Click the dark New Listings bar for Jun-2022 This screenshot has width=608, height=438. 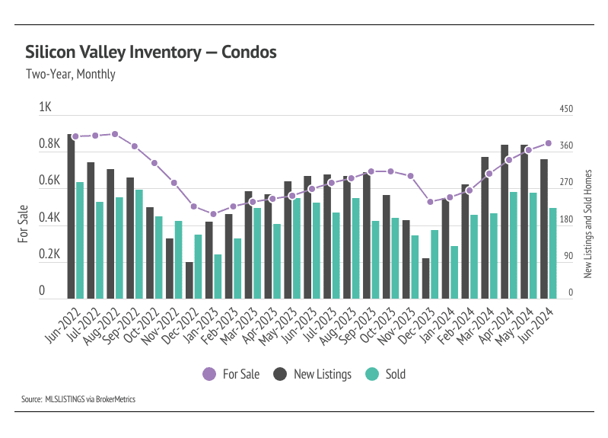click(71, 217)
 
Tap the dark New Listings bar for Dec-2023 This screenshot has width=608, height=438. click(425, 279)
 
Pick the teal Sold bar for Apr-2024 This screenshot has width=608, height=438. click(514, 245)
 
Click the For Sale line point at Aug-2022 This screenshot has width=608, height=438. click(115, 134)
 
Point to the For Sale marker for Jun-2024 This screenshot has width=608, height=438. click(548, 143)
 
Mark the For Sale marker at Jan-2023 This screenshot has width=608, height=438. click(213, 214)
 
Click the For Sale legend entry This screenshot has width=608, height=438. click(231, 374)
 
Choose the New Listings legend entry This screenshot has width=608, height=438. click(313, 374)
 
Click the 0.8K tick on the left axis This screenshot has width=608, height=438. click(49, 145)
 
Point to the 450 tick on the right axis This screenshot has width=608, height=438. click(566, 109)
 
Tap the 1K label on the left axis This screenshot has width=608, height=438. click(45, 108)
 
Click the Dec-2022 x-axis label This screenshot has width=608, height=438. click(179, 325)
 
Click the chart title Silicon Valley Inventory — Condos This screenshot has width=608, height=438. click(151, 53)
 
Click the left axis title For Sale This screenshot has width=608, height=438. click(23, 225)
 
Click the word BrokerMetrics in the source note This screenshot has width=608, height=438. click(114, 398)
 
